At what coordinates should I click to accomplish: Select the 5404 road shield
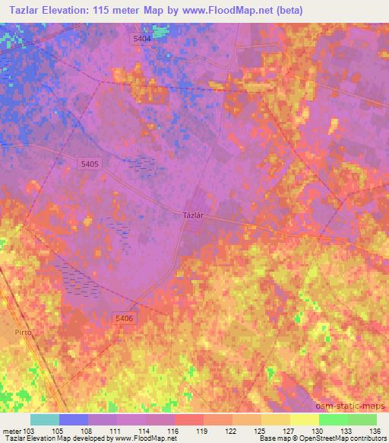click(x=141, y=39)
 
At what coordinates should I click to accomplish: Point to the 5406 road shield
click(x=125, y=318)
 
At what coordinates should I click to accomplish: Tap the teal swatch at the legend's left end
click(x=45, y=419)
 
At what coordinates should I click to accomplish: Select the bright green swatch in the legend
click(x=333, y=419)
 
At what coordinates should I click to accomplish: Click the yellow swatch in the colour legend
click(x=304, y=419)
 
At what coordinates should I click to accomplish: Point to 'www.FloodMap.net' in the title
click(x=248, y=10)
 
